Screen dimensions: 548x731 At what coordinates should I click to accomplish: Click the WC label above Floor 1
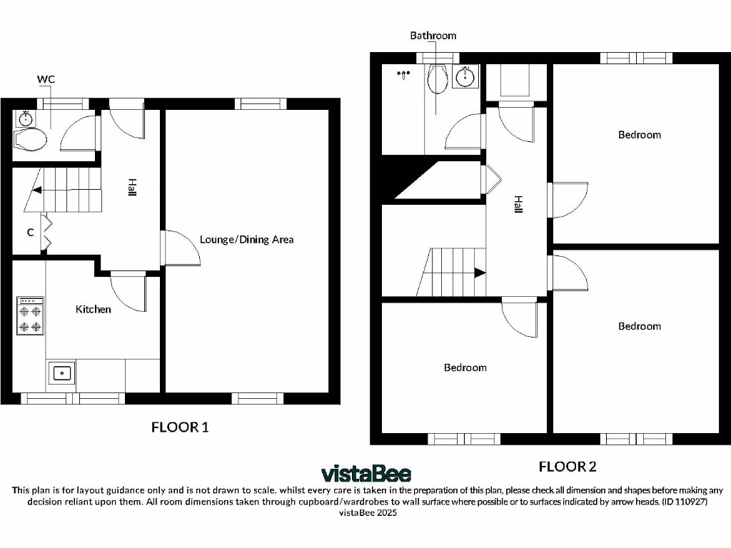click(46, 78)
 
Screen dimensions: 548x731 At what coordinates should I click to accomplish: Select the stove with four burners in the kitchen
click(29, 316)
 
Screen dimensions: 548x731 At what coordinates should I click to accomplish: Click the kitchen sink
click(62, 371)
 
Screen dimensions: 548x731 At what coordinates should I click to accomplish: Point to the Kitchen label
click(94, 309)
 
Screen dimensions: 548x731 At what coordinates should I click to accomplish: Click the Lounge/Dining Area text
click(246, 239)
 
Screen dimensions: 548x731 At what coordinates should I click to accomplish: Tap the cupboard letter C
click(31, 232)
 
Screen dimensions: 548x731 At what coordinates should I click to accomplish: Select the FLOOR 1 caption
click(180, 427)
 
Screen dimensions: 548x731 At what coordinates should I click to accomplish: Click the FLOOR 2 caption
click(567, 467)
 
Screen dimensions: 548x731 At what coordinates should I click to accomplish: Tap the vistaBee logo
click(365, 473)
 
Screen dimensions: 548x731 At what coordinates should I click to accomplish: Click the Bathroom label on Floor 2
click(433, 36)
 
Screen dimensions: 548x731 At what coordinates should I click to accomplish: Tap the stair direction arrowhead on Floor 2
click(480, 272)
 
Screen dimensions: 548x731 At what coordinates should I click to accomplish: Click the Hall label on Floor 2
click(518, 205)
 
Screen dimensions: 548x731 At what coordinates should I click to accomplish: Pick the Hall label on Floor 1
click(132, 188)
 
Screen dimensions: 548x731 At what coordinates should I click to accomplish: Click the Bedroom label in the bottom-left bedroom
click(465, 367)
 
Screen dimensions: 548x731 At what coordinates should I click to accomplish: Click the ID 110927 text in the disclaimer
click(685, 502)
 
